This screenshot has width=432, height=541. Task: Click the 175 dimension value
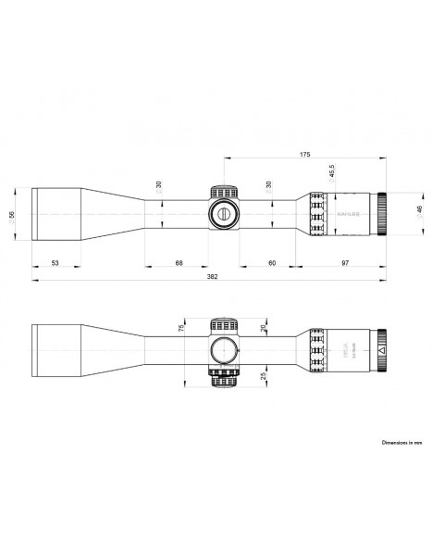[x=304, y=155]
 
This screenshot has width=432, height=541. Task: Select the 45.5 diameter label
[x=330, y=172]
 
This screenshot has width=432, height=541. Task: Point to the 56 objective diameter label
[x=13, y=215]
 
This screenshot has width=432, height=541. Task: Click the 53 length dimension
[x=56, y=263]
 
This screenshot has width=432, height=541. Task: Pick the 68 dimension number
[x=178, y=263]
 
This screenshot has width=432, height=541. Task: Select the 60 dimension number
[x=272, y=263]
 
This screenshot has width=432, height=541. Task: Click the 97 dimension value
[x=344, y=263]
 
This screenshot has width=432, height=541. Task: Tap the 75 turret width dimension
[x=182, y=327]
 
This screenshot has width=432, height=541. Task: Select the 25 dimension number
[x=264, y=377]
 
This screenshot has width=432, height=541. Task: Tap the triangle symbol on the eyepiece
[x=381, y=352]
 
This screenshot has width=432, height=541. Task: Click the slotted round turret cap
[x=225, y=213]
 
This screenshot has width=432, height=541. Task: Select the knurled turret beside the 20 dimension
[x=225, y=325]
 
